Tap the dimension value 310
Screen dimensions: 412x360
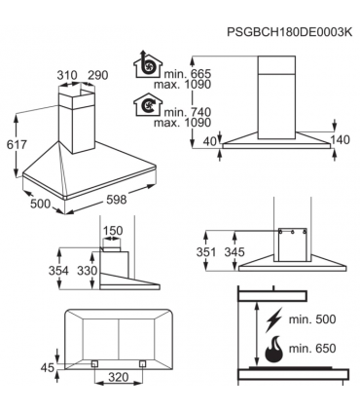click(66, 76)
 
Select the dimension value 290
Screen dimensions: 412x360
click(96, 76)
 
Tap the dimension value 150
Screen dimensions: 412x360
click(114, 232)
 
